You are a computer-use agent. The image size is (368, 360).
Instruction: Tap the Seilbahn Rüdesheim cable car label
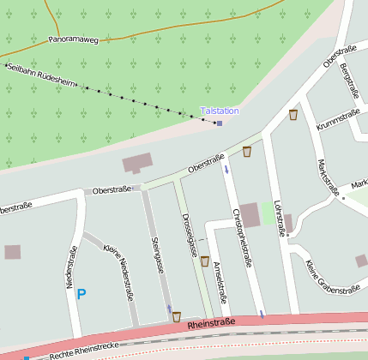(x=41, y=75)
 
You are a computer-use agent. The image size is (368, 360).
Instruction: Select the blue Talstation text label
(x=219, y=111)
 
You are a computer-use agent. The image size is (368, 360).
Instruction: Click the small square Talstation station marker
(x=219, y=123)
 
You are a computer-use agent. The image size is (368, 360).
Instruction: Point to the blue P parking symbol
(x=81, y=294)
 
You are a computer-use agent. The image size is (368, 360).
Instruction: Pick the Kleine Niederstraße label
(x=118, y=265)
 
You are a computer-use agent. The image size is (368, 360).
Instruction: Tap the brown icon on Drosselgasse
(x=204, y=261)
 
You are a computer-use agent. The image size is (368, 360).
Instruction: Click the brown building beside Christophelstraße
(x=250, y=215)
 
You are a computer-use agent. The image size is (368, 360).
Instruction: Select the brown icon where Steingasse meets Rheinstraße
(x=176, y=316)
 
